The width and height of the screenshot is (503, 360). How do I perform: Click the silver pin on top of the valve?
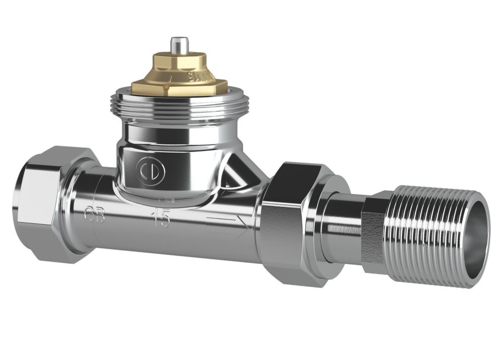click(177, 45)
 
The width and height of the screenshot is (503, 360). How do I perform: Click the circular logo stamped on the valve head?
click(152, 172)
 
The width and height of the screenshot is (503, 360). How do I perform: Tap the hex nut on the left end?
click(43, 201)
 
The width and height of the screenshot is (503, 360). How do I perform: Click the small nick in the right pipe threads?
click(425, 245)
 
